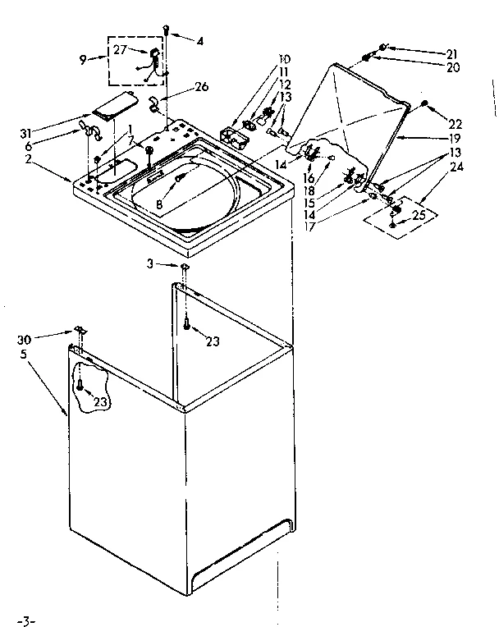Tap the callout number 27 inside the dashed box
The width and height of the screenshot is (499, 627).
(121, 51)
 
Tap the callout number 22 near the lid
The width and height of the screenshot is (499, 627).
(456, 123)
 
